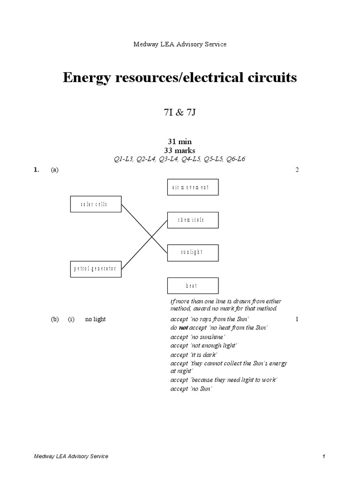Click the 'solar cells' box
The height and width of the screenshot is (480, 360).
(x=96, y=204)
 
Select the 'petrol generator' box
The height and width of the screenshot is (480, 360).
(x=96, y=269)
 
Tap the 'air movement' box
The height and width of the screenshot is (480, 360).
(x=193, y=187)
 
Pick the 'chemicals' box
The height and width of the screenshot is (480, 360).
(x=193, y=220)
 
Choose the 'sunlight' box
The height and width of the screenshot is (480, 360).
(x=193, y=252)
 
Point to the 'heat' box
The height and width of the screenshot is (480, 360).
(x=193, y=285)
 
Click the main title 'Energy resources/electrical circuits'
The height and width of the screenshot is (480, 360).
(x=180, y=77)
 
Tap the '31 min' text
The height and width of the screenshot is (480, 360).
(x=180, y=141)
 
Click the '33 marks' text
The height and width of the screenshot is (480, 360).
(x=180, y=150)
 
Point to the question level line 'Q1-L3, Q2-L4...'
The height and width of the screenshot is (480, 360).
(x=180, y=159)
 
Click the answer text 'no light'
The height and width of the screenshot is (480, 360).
(x=95, y=319)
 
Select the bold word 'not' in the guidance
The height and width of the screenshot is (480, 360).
(x=183, y=328)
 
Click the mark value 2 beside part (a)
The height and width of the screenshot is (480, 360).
(x=297, y=170)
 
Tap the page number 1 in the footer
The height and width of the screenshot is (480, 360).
(x=323, y=456)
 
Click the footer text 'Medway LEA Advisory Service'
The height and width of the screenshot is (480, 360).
(x=71, y=456)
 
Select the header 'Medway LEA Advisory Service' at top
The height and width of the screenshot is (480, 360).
(x=180, y=44)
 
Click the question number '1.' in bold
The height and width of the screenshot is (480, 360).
(x=36, y=170)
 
